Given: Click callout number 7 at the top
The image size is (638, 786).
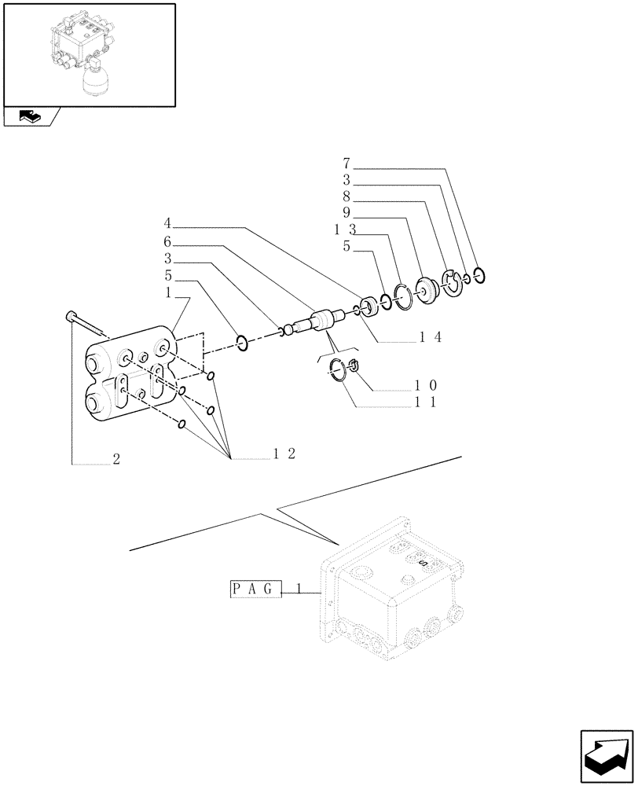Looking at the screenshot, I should tap(346, 164).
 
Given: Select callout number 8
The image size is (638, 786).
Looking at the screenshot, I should tap(346, 196).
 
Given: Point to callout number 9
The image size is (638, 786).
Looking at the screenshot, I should tap(346, 212).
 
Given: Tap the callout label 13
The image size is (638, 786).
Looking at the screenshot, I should tap(345, 229).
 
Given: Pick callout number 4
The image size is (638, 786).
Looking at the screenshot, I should tap(168, 222).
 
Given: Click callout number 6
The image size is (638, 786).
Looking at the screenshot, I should tap(168, 241).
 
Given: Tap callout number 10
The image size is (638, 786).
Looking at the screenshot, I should tap(427, 385).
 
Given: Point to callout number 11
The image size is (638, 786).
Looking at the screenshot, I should tap(427, 402).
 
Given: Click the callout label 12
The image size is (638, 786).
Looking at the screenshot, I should tap(284, 454).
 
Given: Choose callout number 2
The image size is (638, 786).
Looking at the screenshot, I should tap(116, 460).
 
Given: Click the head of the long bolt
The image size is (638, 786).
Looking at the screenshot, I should tap(68, 316).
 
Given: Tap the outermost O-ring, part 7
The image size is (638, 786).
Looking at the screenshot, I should tap(481, 275).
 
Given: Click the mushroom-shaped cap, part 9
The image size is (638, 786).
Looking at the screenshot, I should tap(429, 288).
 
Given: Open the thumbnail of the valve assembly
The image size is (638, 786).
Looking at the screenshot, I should tap(88, 53).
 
